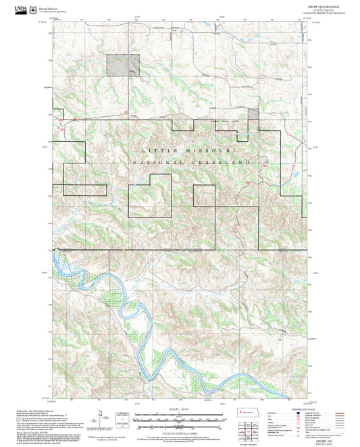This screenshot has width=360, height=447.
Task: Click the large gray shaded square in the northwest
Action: pos(122,65)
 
